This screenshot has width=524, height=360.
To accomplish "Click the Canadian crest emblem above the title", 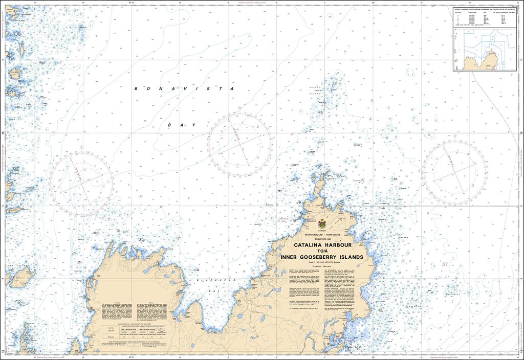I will click(321, 223).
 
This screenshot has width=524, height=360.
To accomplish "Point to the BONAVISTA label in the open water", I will click(184, 88).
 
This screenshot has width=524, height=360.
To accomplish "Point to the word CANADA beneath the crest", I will click(321, 231).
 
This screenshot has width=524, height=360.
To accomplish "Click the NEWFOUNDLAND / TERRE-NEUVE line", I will click(321, 234).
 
